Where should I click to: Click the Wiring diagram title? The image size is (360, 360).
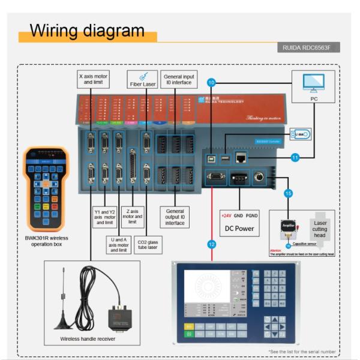pyautogui.click(x=87, y=31)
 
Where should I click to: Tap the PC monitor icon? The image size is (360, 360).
pyautogui.click(x=313, y=80)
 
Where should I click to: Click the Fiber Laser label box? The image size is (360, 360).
pyautogui.click(x=142, y=80)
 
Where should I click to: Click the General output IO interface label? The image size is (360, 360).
pyautogui.click(x=175, y=217)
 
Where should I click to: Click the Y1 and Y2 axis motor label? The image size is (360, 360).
pyautogui.click(x=104, y=217)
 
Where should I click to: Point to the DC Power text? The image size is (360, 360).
pyautogui.click(x=239, y=228)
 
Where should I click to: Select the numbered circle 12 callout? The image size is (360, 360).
pyautogui.click(x=211, y=244)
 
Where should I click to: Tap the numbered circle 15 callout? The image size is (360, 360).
pyautogui.click(x=288, y=193)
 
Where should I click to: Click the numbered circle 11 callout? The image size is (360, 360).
pyautogui.click(x=295, y=157)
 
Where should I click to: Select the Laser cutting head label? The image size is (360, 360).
pyautogui.click(x=320, y=227)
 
